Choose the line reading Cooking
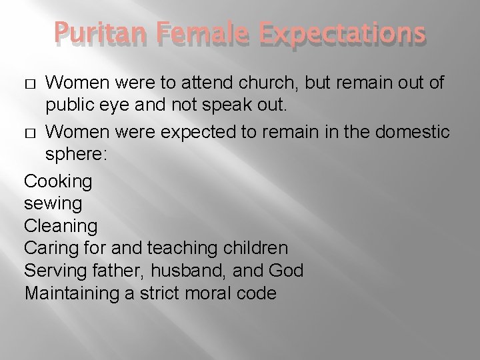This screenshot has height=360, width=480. coord(58,181)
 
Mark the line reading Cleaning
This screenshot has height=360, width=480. coord(60,226)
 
